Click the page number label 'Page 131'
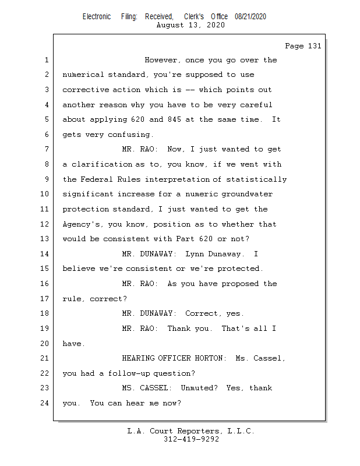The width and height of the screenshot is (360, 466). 303,47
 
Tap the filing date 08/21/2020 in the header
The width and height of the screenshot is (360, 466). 250,17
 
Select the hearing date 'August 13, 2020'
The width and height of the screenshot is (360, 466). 191,26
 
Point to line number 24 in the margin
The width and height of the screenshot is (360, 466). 45,403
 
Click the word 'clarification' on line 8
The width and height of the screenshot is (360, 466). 102,165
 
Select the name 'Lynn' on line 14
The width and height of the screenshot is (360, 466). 195,254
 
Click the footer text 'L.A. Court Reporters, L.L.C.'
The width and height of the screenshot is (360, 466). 191,432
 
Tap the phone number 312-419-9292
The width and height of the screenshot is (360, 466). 191,440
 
